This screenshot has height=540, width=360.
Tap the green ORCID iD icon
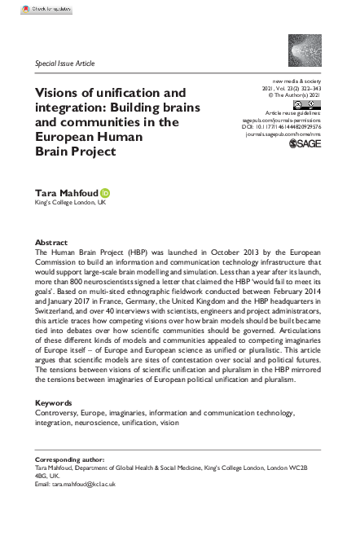(x=105, y=193)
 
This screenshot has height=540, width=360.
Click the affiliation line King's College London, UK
(x=70, y=204)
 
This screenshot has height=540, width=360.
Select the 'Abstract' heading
(x=50, y=244)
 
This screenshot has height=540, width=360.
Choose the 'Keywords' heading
(x=54, y=403)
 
